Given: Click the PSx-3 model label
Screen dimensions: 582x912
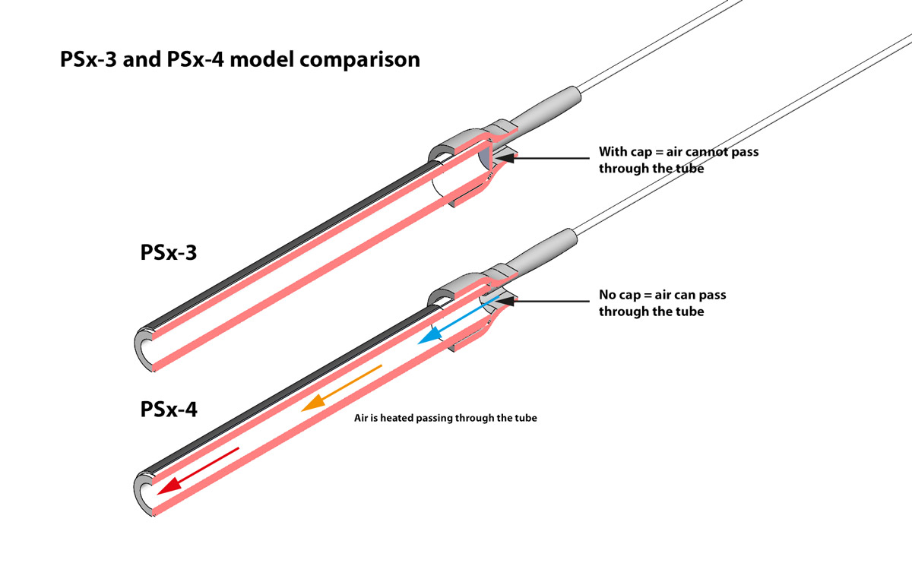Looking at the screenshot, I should pos(169,252).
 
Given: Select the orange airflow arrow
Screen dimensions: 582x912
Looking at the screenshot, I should pos(341,389).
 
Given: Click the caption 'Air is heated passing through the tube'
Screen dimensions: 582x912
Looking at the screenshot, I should pos(445,418).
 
